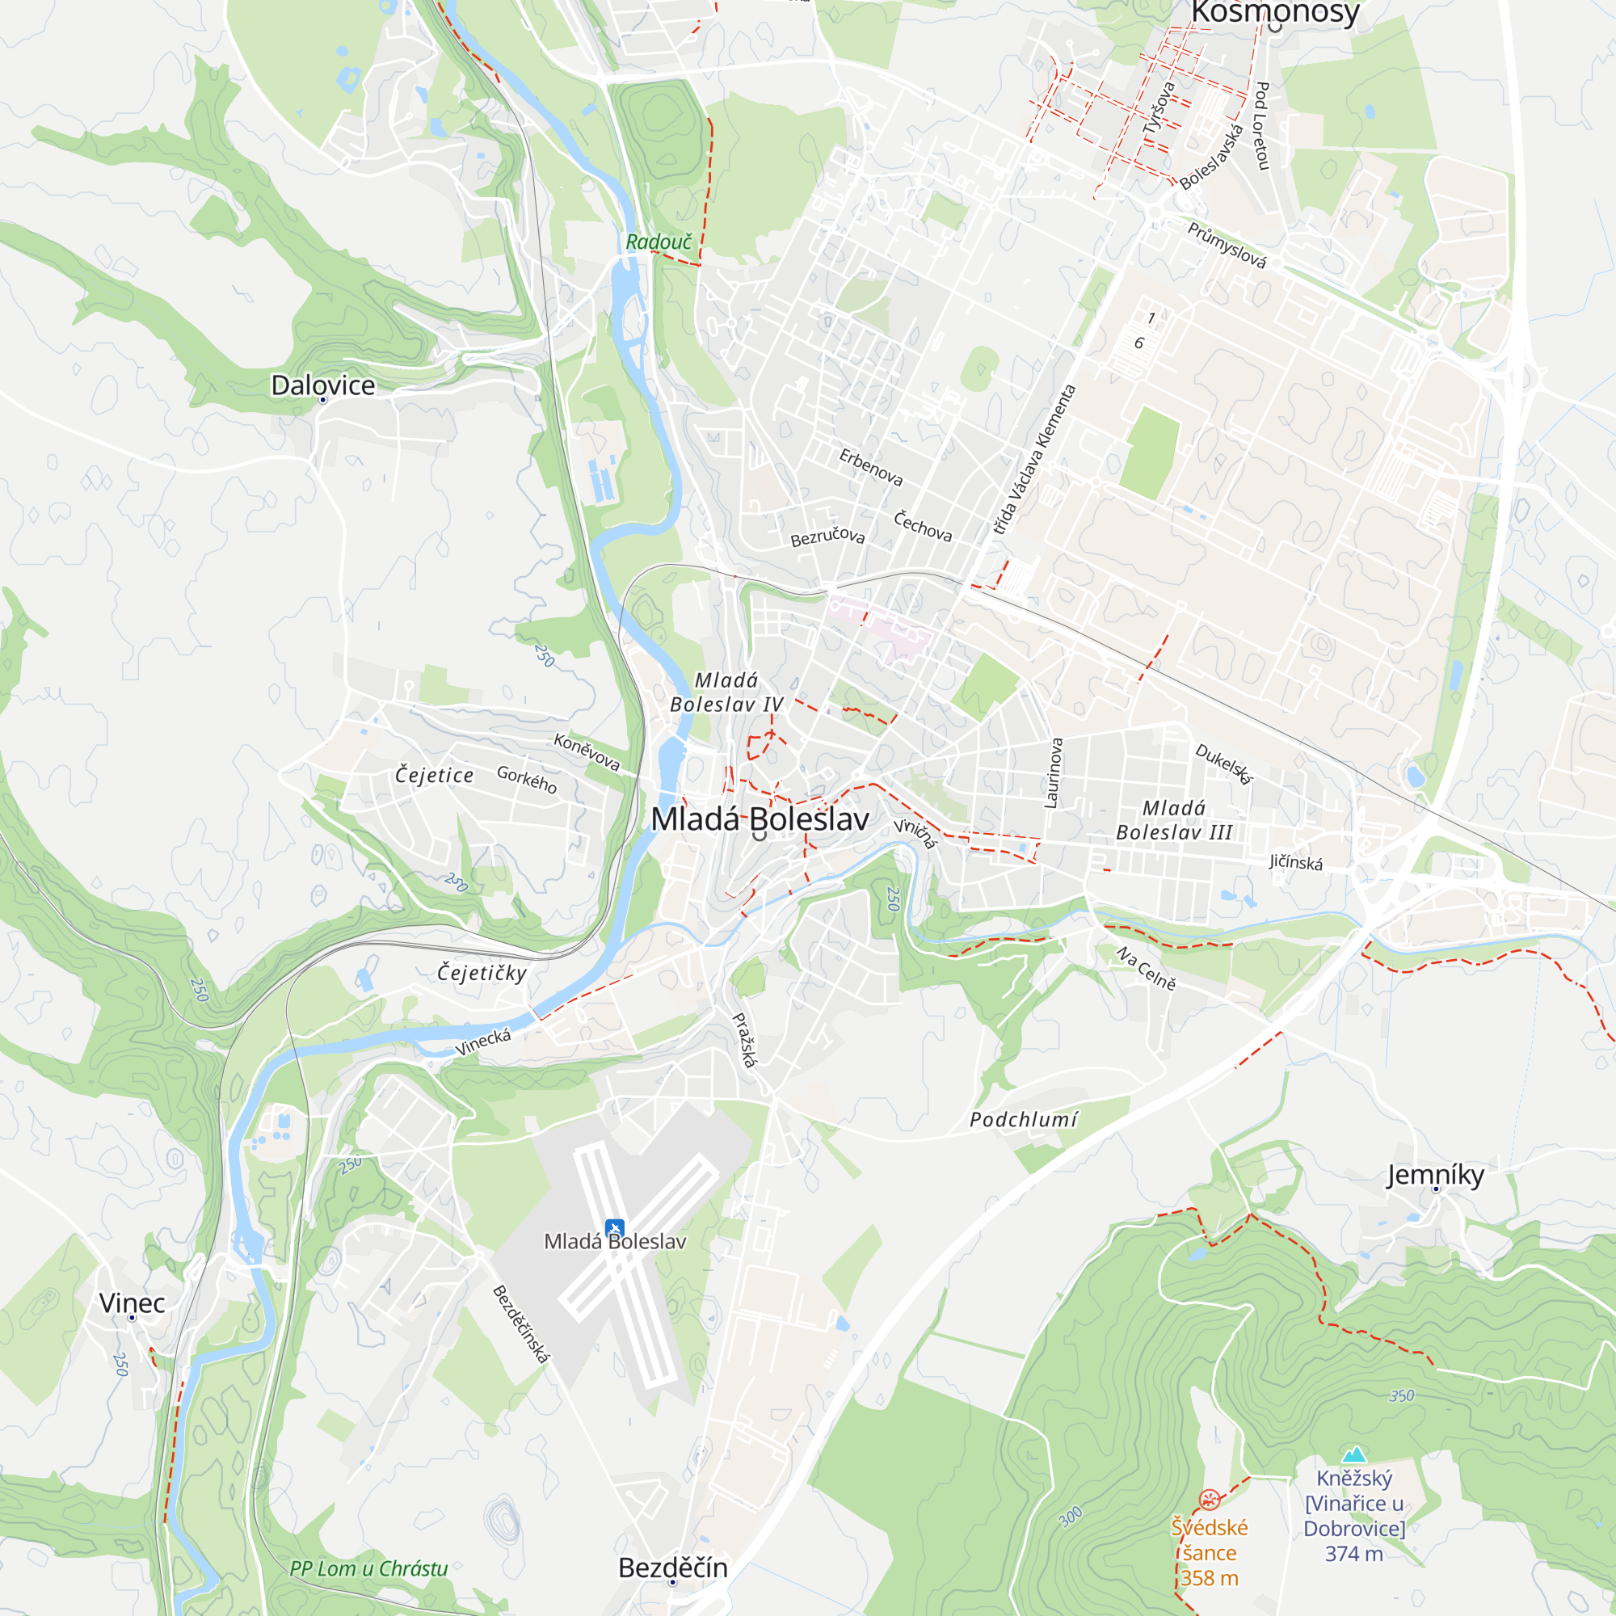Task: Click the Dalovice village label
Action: (323, 385)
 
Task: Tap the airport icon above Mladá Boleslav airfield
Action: (615, 1229)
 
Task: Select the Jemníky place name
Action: (1435, 1175)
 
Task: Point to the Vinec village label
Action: (133, 1302)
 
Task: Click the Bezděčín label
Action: (672, 1568)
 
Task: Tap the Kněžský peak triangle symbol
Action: (1354, 1454)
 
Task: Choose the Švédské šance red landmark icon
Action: (1209, 1499)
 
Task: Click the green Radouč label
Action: (659, 242)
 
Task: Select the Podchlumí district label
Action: (1024, 1119)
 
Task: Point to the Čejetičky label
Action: (482, 972)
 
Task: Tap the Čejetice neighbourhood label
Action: (434, 775)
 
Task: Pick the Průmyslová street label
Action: (1227, 245)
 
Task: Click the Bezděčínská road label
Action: (521, 1324)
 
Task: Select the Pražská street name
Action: (744, 1040)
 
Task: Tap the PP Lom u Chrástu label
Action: (369, 1568)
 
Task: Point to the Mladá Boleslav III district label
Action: (1173, 819)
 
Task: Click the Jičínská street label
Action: (1296, 861)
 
